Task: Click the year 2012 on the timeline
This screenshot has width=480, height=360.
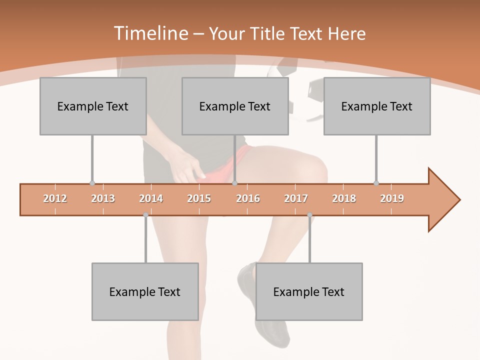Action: tap(55, 198)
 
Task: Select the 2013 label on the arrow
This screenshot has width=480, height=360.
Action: tap(103, 198)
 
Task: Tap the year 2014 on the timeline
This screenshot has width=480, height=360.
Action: tap(151, 198)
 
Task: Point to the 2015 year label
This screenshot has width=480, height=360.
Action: tap(199, 198)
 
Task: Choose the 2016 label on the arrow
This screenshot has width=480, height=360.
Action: tap(248, 198)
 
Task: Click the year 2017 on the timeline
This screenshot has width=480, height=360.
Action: tap(296, 198)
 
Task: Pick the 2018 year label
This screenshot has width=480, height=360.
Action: tap(344, 198)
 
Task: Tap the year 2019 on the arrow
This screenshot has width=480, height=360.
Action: tap(392, 198)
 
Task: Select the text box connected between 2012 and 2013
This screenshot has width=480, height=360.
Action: tap(93, 106)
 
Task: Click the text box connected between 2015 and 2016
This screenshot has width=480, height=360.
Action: tap(235, 106)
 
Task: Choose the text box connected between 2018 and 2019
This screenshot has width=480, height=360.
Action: tap(377, 106)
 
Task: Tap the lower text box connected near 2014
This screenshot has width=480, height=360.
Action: tap(145, 292)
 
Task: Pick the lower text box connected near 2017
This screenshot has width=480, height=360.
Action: tap(309, 292)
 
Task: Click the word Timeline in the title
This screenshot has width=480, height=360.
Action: tap(150, 33)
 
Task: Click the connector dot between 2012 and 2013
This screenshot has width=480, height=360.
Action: tap(92, 183)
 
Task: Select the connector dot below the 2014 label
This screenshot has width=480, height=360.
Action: tap(145, 215)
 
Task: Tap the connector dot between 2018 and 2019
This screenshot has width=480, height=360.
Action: tap(376, 183)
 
